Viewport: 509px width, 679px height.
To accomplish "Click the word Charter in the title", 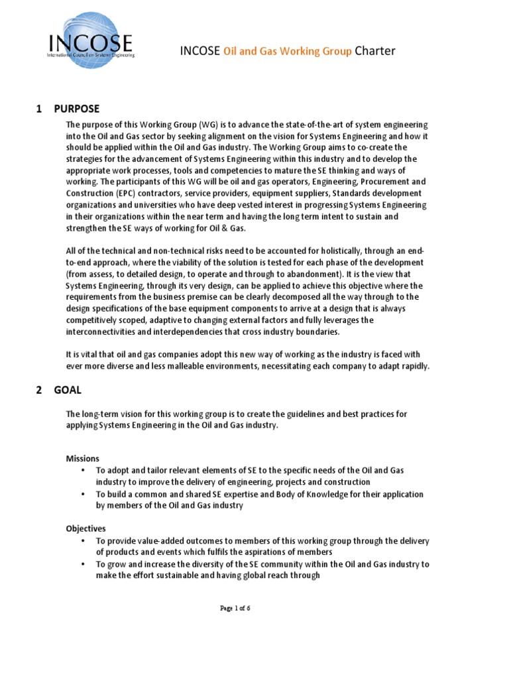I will tap(375, 51).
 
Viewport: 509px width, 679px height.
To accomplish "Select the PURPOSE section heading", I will tap(77, 109).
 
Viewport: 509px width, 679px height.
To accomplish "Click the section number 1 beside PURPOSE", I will tap(39, 109).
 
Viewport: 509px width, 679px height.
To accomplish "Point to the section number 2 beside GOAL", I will tap(39, 391).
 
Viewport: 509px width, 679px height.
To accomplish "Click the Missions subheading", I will tap(83, 458).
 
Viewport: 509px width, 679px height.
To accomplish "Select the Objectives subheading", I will tap(86, 528).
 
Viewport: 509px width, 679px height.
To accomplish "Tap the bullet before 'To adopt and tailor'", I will tap(83, 470).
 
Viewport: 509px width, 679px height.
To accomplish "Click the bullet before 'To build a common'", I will tap(83, 495).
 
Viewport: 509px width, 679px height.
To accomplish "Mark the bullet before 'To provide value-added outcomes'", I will tap(83, 540).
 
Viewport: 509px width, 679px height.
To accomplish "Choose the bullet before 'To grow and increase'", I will tap(83, 564).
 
